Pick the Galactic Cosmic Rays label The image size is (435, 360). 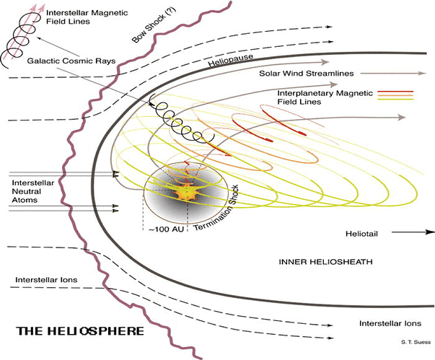click(x=72, y=61)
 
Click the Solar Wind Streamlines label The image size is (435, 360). click(x=303, y=73)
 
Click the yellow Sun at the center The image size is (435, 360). click(x=187, y=193)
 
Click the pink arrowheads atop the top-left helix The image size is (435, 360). click(x=28, y=7)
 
